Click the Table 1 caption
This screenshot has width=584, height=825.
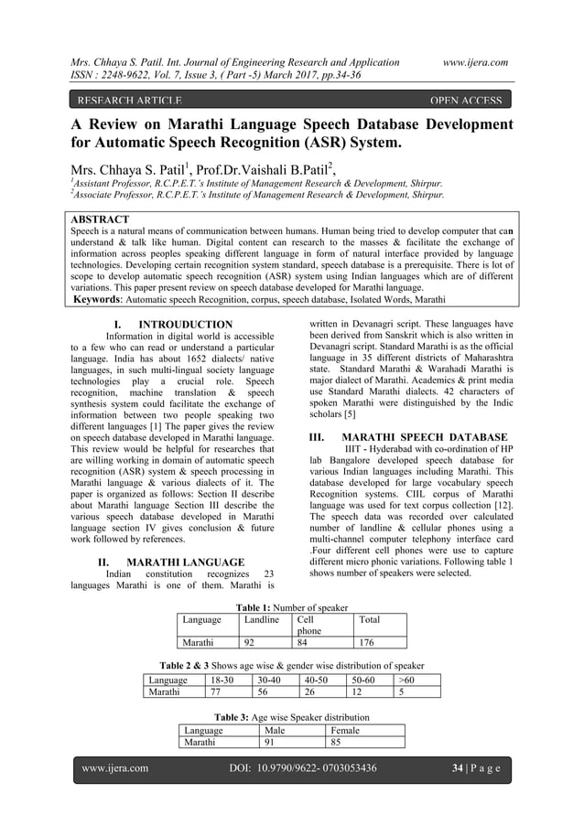(292, 607)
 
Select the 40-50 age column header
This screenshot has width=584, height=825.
(318, 680)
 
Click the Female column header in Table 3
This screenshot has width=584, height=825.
(343, 731)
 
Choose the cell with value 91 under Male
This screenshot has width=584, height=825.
(271, 743)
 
